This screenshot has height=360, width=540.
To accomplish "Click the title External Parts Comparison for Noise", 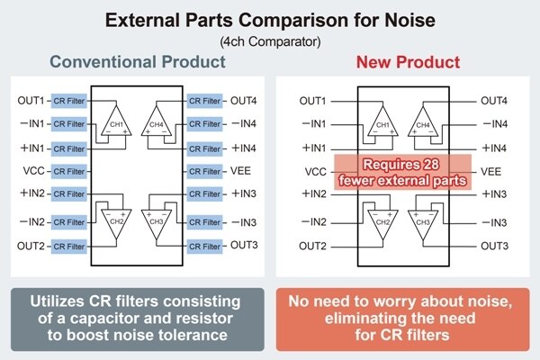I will (270, 21).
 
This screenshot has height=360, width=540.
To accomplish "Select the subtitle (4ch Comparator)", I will (270, 41).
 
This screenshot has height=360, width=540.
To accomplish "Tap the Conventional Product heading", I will (137, 63).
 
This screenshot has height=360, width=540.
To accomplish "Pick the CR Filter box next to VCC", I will (69, 171).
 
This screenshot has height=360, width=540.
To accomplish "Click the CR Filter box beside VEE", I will (204, 171).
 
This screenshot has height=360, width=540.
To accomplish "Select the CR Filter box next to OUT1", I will (69, 101).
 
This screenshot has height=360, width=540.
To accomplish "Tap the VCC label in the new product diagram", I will (316, 171).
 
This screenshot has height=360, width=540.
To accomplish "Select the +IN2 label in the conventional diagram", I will (31, 193).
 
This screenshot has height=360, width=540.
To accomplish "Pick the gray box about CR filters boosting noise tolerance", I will (137, 318).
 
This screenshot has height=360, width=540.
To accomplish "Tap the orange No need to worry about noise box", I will (403, 318).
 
